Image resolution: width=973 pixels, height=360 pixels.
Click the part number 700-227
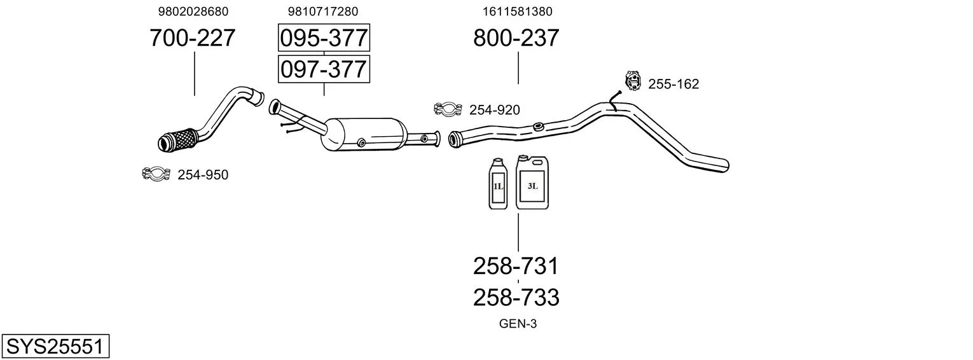pyautogui.click(x=193, y=38)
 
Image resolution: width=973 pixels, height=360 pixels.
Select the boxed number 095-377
pyautogui.click(x=324, y=38)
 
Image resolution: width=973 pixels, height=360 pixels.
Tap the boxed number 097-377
pyautogui.click(x=324, y=69)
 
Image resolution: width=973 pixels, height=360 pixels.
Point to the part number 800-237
pyautogui.click(x=516, y=38)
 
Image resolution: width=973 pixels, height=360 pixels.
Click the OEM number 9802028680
pyautogui.click(x=193, y=11)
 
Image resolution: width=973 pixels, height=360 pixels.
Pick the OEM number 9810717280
pyautogui.click(x=323, y=11)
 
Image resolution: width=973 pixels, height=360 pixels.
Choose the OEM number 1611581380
pyautogui.click(x=517, y=11)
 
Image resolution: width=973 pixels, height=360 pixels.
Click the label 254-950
pyautogui.click(x=203, y=174)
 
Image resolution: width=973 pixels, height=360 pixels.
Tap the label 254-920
pyautogui.click(x=495, y=110)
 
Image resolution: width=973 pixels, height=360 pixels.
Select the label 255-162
pyautogui.click(x=673, y=84)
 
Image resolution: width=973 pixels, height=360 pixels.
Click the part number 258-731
pyautogui.click(x=516, y=266)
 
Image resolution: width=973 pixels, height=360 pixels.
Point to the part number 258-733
pyautogui.click(x=516, y=298)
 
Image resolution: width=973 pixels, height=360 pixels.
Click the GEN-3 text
pyautogui.click(x=518, y=324)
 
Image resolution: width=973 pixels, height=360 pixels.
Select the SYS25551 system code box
pyautogui.click(x=55, y=346)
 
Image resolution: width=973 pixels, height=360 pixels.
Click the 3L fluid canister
pyautogui.click(x=532, y=183)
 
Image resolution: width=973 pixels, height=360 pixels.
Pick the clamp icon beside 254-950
pyautogui.click(x=156, y=174)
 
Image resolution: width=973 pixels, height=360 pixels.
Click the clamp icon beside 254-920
pyautogui.click(x=448, y=109)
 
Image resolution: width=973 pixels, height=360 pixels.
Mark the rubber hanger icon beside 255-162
pyautogui.click(x=633, y=80)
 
